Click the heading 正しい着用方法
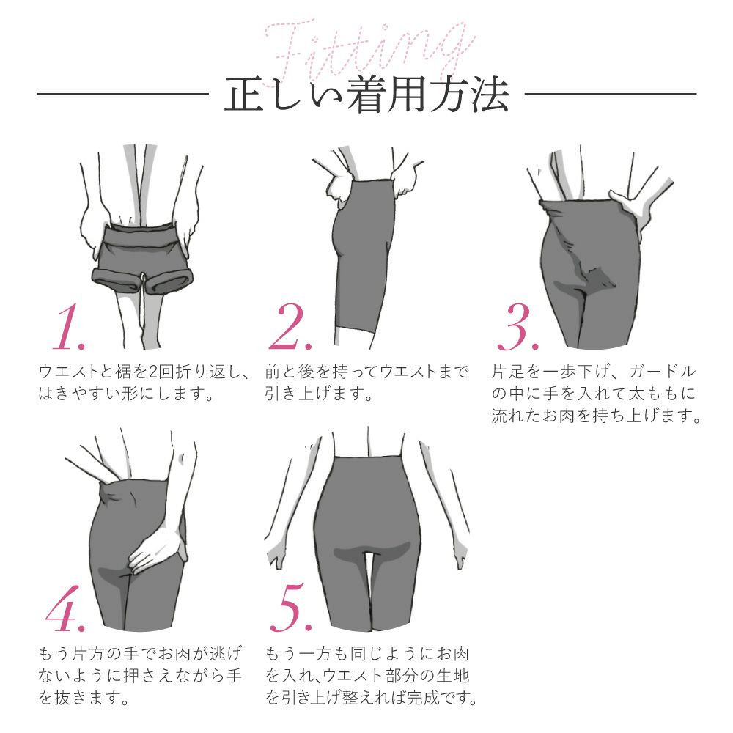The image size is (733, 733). coord(366,95)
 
